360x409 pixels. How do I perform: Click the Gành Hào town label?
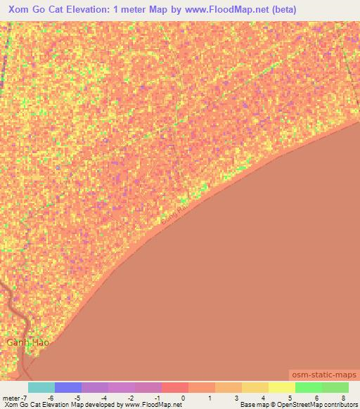(28, 343)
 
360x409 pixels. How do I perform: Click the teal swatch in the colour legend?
(41, 387)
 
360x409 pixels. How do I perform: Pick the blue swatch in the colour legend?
(67, 387)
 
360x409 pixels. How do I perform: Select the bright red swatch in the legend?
(174, 387)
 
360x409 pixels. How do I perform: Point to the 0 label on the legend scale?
(183, 397)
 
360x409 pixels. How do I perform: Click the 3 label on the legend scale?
(237, 397)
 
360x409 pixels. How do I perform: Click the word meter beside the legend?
(10, 397)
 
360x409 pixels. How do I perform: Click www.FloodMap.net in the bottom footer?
(147, 405)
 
